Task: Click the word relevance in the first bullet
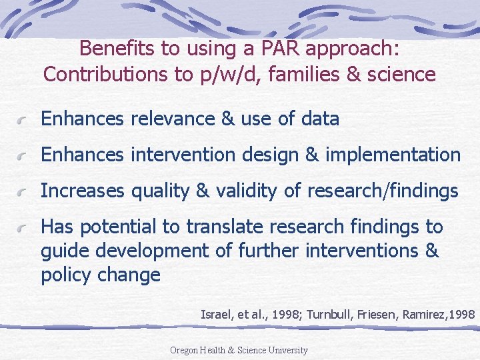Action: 171,119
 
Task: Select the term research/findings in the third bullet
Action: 383,191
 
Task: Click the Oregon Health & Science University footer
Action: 239,350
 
